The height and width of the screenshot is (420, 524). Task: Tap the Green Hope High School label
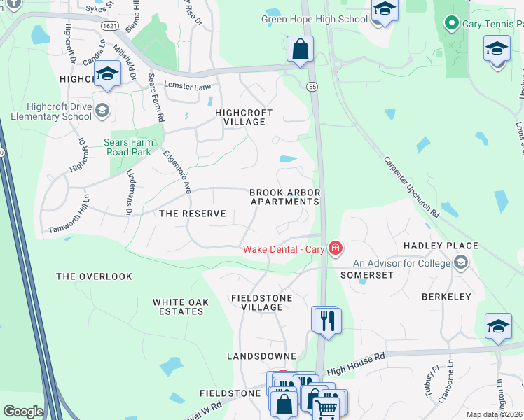coord(315,20)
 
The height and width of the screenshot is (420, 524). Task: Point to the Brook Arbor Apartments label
coord(285,197)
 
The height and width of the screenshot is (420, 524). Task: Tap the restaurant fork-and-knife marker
coord(327,321)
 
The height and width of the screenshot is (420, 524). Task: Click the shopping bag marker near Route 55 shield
coord(300,50)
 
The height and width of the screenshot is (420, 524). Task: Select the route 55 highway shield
coord(311,85)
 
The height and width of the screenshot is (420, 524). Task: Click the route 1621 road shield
coord(109,26)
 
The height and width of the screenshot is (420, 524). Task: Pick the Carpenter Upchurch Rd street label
coord(411,185)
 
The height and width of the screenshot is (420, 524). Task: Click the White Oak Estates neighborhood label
coord(178,307)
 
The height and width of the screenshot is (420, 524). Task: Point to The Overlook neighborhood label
coord(94,276)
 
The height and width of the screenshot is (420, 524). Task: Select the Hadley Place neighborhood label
coord(441,246)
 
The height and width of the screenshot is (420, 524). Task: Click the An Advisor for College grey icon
coord(461,263)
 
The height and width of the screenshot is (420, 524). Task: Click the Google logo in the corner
coord(23,412)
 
